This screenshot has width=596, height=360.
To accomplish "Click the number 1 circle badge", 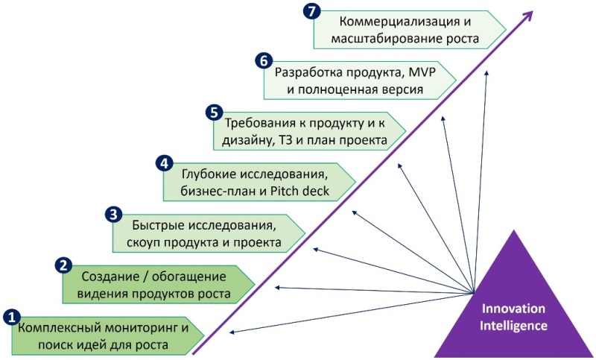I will pyautogui.click(x=12, y=317).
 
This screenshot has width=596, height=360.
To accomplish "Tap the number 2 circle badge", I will pyautogui.click(x=65, y=264).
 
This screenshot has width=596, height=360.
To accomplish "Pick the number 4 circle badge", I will pyautogui.click(x=164, y=162).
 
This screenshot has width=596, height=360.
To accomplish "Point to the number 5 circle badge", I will pyautogui.click(x=213, y=113).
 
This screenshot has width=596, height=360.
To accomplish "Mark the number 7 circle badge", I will pyautogui.click(x=314, y=11).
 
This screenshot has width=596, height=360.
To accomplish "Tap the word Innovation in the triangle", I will pyautogui.click(x=513, y=309).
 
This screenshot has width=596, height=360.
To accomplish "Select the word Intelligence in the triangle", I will pyautogui.click(x=513, y=326).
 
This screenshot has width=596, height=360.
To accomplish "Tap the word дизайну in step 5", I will pyautogui.click(x=244, y=139).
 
